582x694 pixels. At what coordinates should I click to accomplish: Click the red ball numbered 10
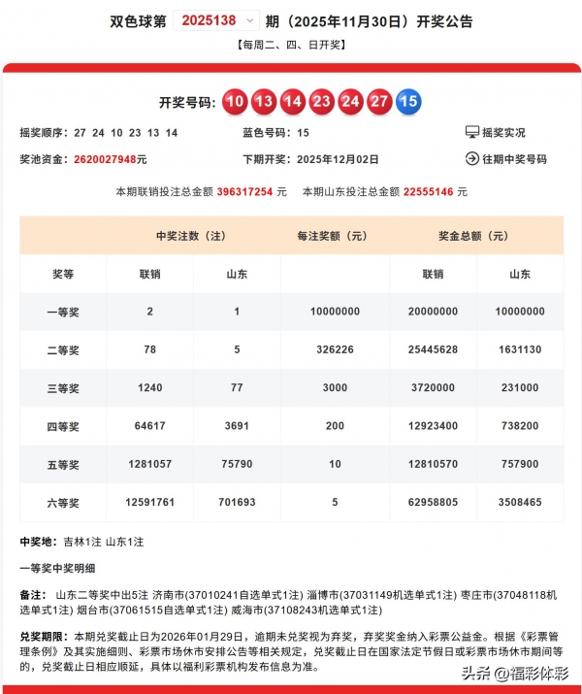tap(235, 101)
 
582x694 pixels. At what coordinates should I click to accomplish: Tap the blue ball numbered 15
tap(407, 101)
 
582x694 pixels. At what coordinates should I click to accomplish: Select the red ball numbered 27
tap(379, 101)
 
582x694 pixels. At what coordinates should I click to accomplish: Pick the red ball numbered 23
tap(321, 101)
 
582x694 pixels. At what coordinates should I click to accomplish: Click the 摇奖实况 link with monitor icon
tap(496, 132)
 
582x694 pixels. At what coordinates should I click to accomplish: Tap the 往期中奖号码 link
tap(505, 159)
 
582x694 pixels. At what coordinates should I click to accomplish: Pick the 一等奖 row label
tap(63, 312)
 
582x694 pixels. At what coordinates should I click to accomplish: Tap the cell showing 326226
tap(335, 349)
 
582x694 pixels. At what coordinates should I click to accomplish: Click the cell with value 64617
tap(149, 425)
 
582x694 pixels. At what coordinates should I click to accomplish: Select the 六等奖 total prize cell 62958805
tap(434, 502)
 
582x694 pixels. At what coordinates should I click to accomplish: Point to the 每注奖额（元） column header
tap(335, 236)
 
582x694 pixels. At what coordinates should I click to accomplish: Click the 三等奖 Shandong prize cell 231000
tap(520, 387)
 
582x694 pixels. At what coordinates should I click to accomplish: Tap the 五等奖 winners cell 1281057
tap(149, 464)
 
